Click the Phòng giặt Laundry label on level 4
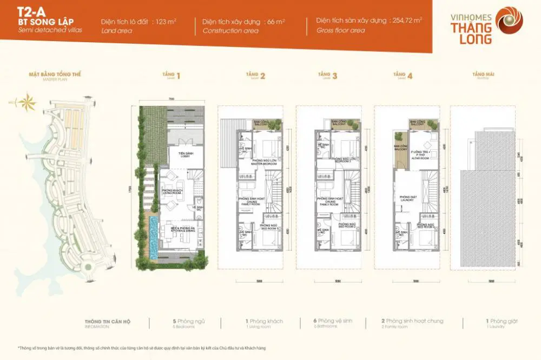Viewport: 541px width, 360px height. (407, 198)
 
